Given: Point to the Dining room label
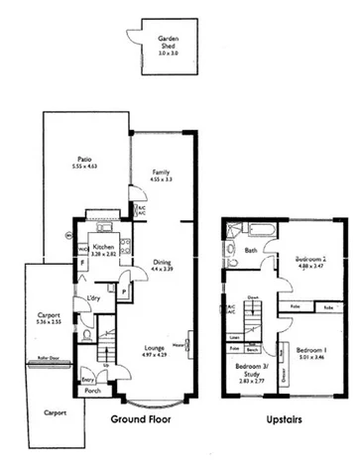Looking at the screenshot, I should click(162, 262).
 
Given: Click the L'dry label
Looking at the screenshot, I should click(95, 298).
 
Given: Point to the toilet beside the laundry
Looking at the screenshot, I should click(88, 335).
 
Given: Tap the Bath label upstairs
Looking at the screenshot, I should click(251, 251).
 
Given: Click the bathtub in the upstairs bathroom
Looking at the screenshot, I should click(256, 231).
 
